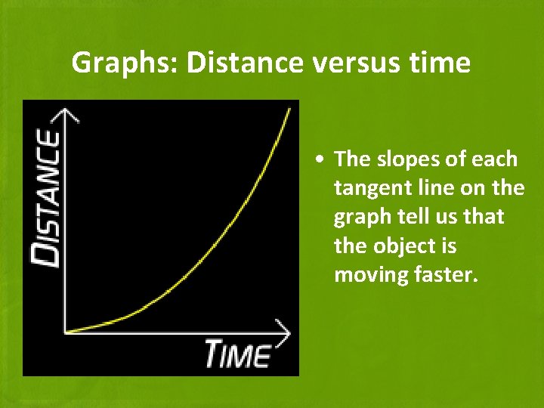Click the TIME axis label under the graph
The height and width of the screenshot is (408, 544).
pos(238,354)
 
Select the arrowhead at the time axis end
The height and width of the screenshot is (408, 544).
pos(284,331)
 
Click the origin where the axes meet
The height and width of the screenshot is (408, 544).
pos(66,331)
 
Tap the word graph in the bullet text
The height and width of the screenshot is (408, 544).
pos(356,217)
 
